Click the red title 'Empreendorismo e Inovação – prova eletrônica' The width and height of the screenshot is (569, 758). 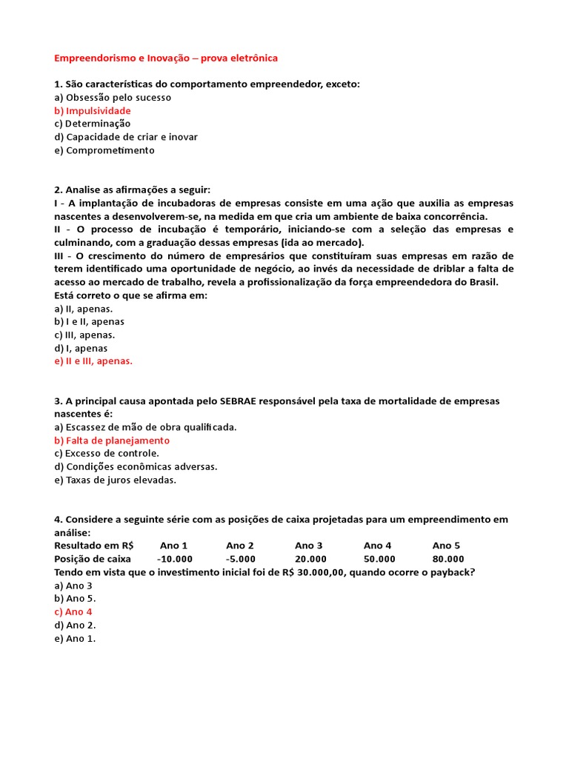pos(166,58)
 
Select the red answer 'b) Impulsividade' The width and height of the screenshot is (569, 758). pos(93,111)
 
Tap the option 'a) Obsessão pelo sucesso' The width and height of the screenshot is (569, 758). pos(113,98)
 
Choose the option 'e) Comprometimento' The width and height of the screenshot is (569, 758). pos(104,150)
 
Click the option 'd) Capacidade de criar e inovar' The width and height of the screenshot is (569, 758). pos(126,137)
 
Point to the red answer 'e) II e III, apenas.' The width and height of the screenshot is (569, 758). pos(93,361)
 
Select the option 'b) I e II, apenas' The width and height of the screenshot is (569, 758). pos(90,322)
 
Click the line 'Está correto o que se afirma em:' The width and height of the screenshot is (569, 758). pos(131,295)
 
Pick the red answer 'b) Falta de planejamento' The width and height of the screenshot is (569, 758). pos(112,440)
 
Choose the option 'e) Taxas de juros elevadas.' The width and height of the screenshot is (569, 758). pos(116,480)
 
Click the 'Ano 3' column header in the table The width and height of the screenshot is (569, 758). pos(309,546)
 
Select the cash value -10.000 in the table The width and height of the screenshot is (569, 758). pos(175,559)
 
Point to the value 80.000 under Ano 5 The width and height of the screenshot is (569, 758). pos(448,559)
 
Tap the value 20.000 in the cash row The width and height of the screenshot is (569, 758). pos(310,559)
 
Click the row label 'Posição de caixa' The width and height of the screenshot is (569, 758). pos(93,559)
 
